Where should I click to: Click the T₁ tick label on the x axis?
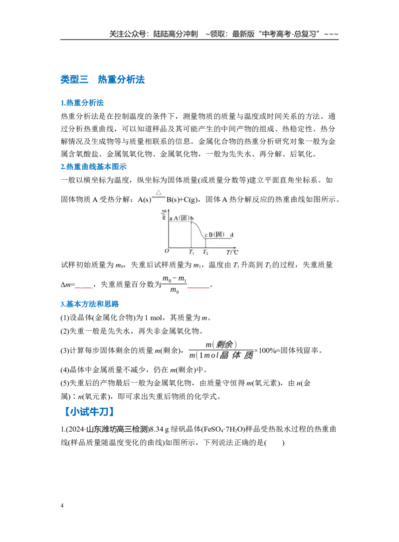tap(192, 253)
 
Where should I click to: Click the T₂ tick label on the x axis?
tap(205, 253)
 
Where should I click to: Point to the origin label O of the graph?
tap(167, 252)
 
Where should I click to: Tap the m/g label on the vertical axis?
tap(164, 214)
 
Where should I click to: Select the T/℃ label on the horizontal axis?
tap(232, 253)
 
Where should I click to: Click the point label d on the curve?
tap(232, 235)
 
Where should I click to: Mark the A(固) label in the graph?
tap(182, 218)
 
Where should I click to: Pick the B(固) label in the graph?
tap(216, 235)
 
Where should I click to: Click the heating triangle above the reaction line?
tap(159, 193)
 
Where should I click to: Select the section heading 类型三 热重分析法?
tap(103, 79)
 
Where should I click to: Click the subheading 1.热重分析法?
tap(82, 103)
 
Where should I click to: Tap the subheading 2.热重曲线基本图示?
tap(94, 167)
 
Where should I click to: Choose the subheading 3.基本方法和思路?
tap(90, 304)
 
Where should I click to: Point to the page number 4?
tap(62, 506)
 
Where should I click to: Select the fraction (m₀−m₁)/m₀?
tap(175, 284)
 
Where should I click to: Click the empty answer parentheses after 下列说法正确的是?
tap(274, 443)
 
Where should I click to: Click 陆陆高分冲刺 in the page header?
tap(176, 34)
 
